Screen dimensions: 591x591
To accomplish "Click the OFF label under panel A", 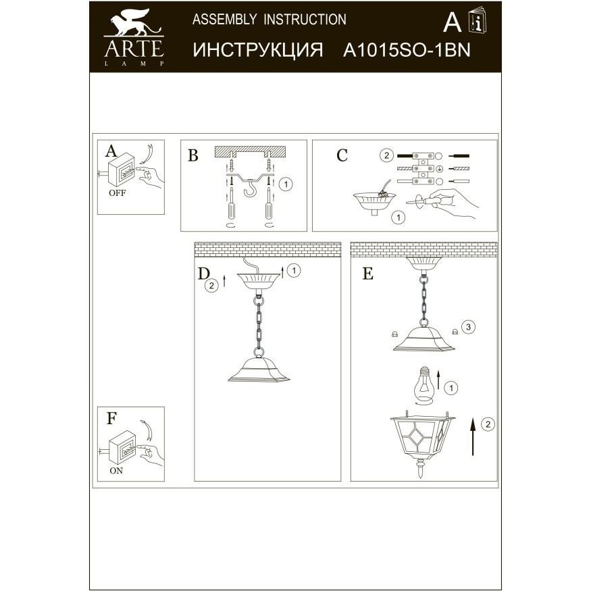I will pyautogui.click(x=117, y=192).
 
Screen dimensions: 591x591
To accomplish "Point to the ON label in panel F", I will pyautogui.click(x=116, y=471).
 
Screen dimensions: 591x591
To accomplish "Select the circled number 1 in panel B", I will pyautogui.click(x=286, y=183).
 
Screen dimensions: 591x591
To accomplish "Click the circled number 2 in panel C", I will pyautogui.click(x=385, y=155).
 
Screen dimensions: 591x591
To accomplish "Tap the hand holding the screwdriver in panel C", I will pyautogui.click(x=455, y=204).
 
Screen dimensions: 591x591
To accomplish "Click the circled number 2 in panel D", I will pyautogui.click(x=211, y=286).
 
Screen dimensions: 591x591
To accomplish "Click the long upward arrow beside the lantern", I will pyautogui.click(x=473, y=435).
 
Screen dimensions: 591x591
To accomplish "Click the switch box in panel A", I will pyautogui.click(x=122, y=172).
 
